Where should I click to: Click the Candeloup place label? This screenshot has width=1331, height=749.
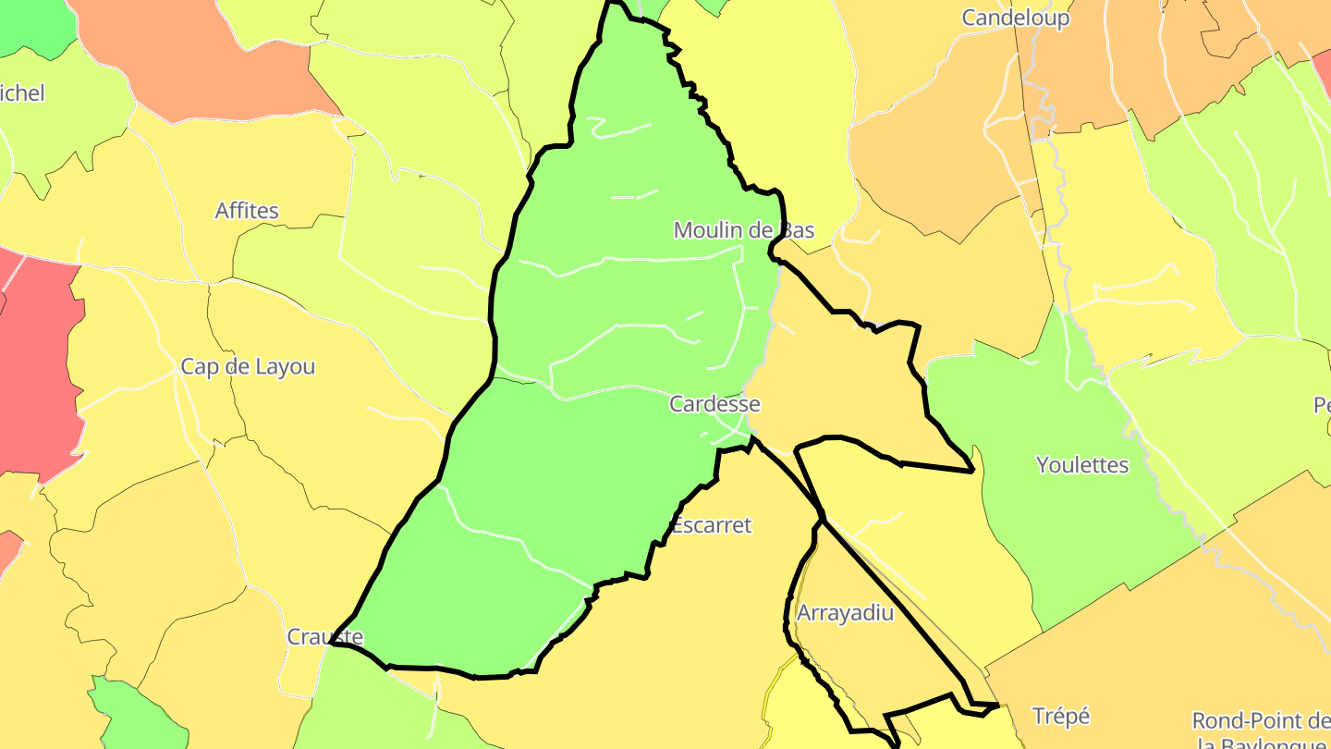click(x=1015, y=18)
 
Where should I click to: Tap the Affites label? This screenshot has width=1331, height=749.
click(x=247, y=211)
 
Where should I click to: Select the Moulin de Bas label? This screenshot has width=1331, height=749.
click(x=743, y=229)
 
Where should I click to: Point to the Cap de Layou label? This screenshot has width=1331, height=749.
click(x=248, y=367)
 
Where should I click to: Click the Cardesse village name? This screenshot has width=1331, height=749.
click(x=714, y=404)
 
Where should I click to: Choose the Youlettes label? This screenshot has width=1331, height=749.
click(x=1082, y=465)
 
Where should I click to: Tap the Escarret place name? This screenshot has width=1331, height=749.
click(x=711, y=525)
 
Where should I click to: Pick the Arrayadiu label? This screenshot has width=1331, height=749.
click(x=845, y=613)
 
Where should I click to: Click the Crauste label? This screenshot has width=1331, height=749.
click(x=324, y=637)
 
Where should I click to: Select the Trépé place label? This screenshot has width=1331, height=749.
click(x=1061, y=716)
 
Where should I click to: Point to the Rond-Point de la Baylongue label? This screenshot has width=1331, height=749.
click(x=1260, y=731)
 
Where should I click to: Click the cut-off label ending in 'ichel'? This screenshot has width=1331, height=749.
click(x=22, y=93)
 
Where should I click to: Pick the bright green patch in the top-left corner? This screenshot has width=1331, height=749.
click(x=32, y=23)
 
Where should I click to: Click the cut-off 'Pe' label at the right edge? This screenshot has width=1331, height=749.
click(x=1322, y=405)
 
